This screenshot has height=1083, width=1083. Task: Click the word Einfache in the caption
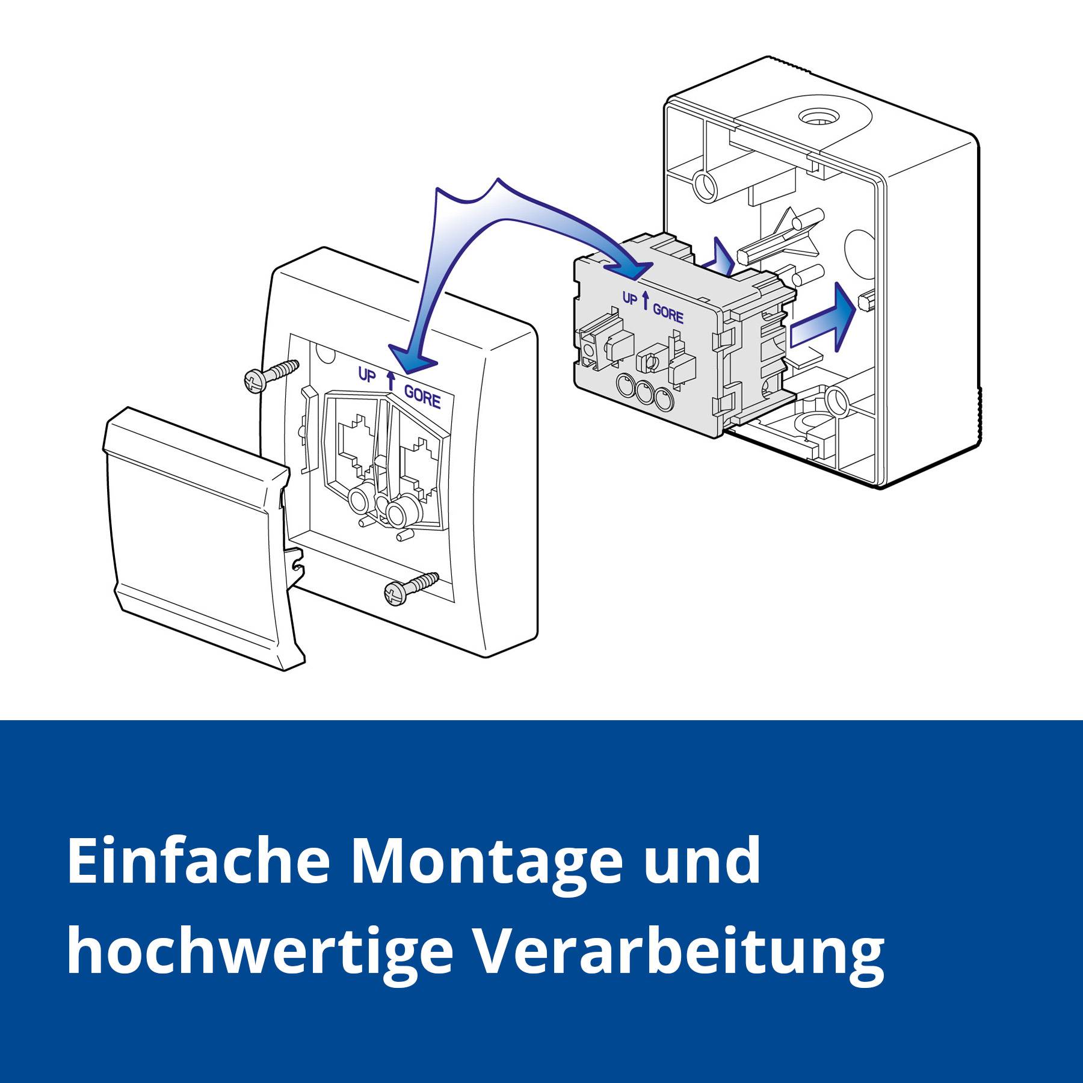pyautogui.click(x=199, y=860)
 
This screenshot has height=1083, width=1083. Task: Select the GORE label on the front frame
pyautogui.click(x=422, y=398)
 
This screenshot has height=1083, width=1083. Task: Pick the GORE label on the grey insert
pyautogui.click(x=668, y=313)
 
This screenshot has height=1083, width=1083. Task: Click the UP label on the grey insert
pyautogui.click(x=629, y=299)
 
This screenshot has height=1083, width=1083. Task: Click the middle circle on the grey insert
pyautogui.click(x=644, y=393)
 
